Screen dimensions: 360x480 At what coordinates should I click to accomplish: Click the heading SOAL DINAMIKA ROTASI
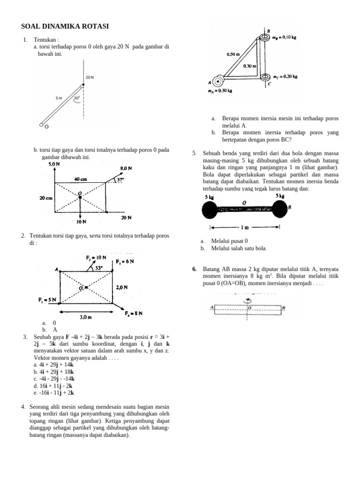65,27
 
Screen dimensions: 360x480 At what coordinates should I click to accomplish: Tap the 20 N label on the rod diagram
90,77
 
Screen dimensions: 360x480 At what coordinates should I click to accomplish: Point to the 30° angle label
77,98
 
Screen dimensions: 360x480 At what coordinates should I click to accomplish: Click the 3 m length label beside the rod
59,98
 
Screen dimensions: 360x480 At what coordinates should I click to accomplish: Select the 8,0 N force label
126,168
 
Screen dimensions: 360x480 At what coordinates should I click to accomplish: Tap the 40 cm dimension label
79,179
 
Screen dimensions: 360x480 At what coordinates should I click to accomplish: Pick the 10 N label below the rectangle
81,221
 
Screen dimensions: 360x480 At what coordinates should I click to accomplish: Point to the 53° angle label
99,269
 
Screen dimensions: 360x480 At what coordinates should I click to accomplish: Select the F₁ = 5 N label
47,300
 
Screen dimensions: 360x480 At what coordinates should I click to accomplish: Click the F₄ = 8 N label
134,313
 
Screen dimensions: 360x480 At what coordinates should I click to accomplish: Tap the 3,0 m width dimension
85,317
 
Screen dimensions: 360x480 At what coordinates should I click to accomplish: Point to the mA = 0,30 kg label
220,91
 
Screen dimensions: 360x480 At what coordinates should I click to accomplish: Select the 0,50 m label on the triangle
233,54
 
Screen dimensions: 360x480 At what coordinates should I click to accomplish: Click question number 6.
194,269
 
